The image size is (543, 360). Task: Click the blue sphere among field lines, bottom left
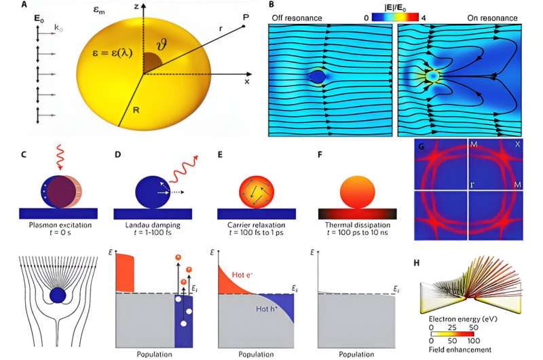(x=58, y=295)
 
